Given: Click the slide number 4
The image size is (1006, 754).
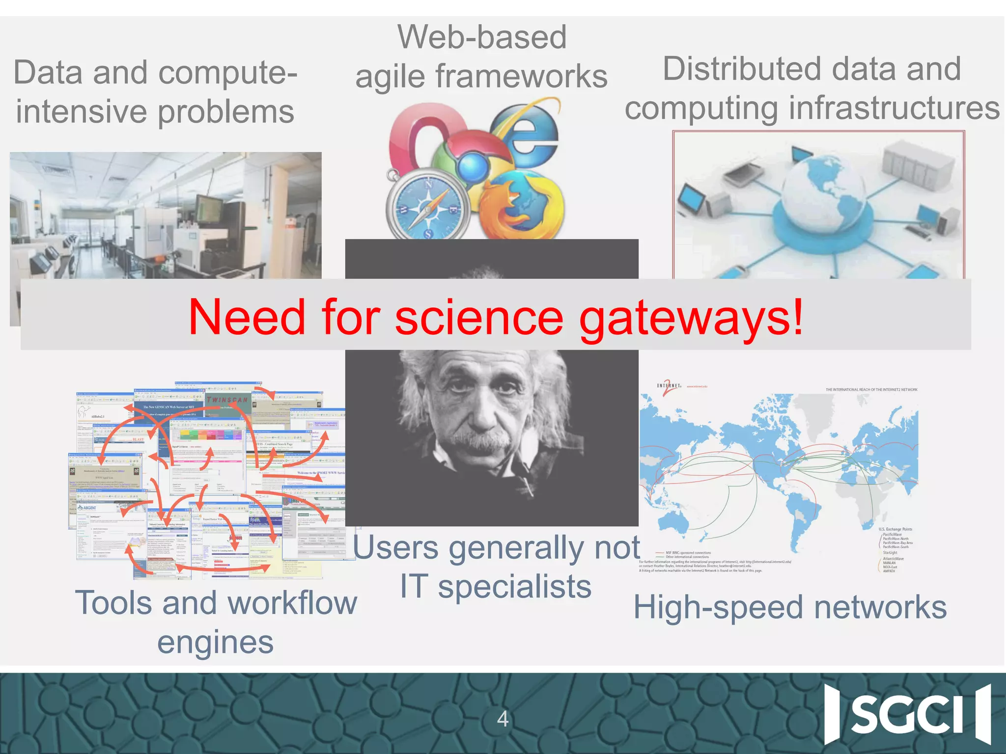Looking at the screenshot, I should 503,719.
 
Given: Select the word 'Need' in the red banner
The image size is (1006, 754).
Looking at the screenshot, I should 247,318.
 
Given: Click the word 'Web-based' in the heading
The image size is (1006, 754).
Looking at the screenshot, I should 482,37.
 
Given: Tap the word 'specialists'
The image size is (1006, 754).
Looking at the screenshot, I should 514,587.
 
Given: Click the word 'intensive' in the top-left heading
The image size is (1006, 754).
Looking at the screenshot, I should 82,112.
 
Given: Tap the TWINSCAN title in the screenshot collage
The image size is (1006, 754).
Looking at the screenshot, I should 227,400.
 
